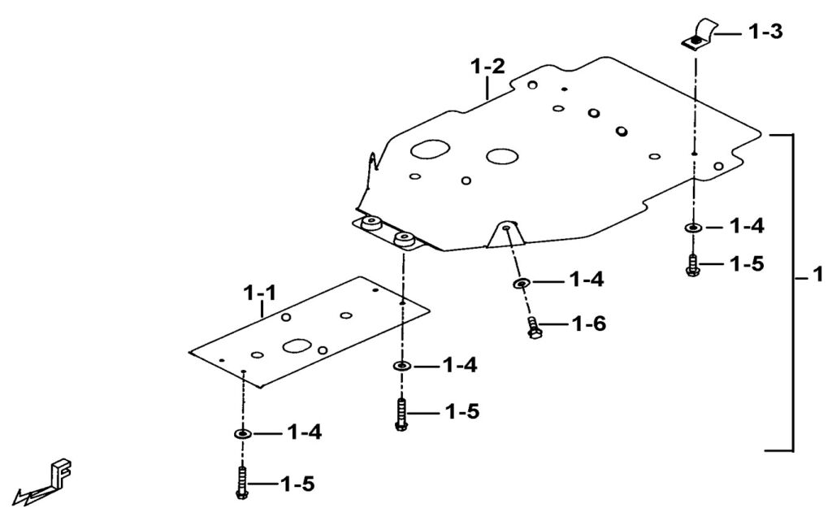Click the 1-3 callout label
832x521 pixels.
pyautogui.click(x=765, y=32)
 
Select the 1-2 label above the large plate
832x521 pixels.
pyautogui.click(x=488, y=67)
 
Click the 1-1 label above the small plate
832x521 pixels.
pyautogui.click(x=260, y=293)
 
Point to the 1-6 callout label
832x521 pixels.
pyautogui.click(x=588, y=323)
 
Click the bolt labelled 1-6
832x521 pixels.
pyautogui.click(x=534, y=328)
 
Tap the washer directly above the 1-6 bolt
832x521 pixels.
pyautogui.click(x=522, y=283)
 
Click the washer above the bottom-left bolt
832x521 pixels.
pyautogui.click(x=243, y=434)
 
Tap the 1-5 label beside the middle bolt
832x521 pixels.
pyautogui.click(x=461, y=411)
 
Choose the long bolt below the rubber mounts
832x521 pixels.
pyautogui.click(x=401, y=415)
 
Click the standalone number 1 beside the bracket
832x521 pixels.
pyautogui.click(x=817, y=274)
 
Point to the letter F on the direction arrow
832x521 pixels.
pyautogui.click(x=61, y=471)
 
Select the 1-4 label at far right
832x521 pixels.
pyautogui.click(x=747, y=226)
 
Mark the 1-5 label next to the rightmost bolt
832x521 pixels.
pyautogui.click(x=747, y=263)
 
